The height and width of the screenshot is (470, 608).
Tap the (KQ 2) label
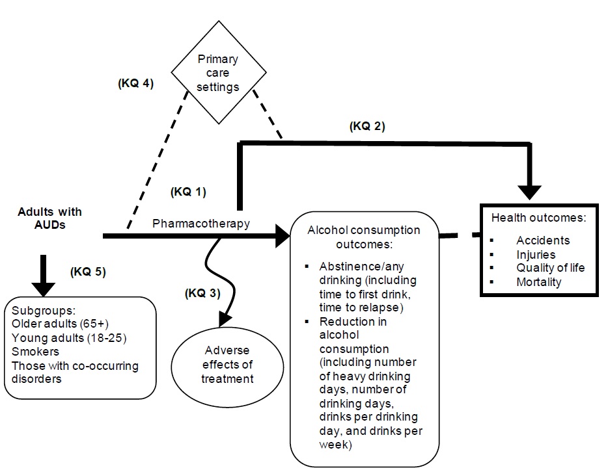tap(367, 127)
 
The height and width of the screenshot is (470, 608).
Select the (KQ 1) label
tap(187, 192)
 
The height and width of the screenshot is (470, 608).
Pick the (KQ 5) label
tap(88, 272)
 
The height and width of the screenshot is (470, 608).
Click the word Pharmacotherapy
tap(201, 224)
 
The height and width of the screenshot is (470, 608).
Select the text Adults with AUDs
tap(50, 218)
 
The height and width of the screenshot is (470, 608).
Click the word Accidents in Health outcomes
tap(543, 241)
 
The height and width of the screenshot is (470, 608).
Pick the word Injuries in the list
tap(536, 254)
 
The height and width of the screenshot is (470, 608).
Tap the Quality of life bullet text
tap(551, 268)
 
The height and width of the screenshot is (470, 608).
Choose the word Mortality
tap(539, 282)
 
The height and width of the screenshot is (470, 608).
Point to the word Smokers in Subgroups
tap(33, 352)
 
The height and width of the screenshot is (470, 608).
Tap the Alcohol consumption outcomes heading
tap(364, 237)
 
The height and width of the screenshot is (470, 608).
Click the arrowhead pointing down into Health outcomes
tap(532, 192)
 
